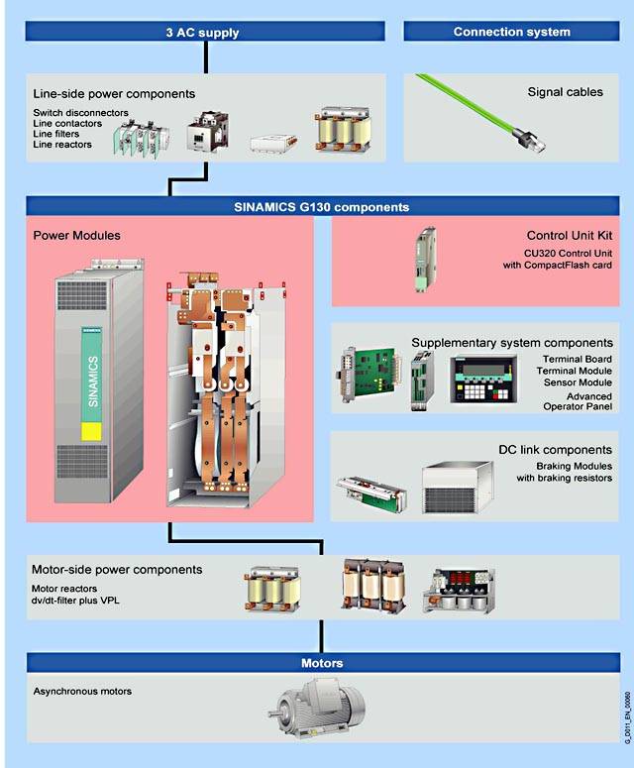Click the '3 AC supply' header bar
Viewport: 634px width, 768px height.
(x=205, y=32)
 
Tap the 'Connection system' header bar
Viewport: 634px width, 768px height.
(x=511, y=32)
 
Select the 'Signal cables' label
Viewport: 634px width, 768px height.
(x=565, y=92)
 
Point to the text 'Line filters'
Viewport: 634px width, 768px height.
(x=55, y=134)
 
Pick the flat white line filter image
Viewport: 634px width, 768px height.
(x=273, y=144)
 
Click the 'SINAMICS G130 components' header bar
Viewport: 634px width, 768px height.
(x=322, y=207)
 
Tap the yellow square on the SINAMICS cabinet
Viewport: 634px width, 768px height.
(x=91, y=431)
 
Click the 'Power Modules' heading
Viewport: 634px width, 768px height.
(x=76, y=236)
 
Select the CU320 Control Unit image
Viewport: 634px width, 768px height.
(x=425, y=259)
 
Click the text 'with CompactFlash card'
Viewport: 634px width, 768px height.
(x=557, y=265)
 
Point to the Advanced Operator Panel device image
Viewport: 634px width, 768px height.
(x=482, y=380)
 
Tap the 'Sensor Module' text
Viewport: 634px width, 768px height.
(x=578, y=383)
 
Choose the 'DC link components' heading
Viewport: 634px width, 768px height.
(x=555, y=450)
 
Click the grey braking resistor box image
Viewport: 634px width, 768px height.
(x=458, y=488)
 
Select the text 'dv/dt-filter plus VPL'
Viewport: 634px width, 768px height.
(x=75, y=601)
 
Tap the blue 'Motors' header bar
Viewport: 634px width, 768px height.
(x=323, y=663)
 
